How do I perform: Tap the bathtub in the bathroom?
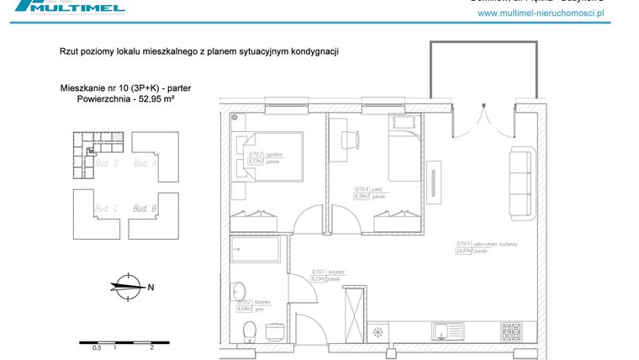(256, 250)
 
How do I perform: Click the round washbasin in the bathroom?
(240, 289)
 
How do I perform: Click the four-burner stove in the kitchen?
(514, 331)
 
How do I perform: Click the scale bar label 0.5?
(97, 347)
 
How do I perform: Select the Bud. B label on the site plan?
(145, 208)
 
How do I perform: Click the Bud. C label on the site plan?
(106, 208)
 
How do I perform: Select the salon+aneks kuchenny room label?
(483, 244)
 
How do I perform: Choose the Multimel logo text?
(92, 8)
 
